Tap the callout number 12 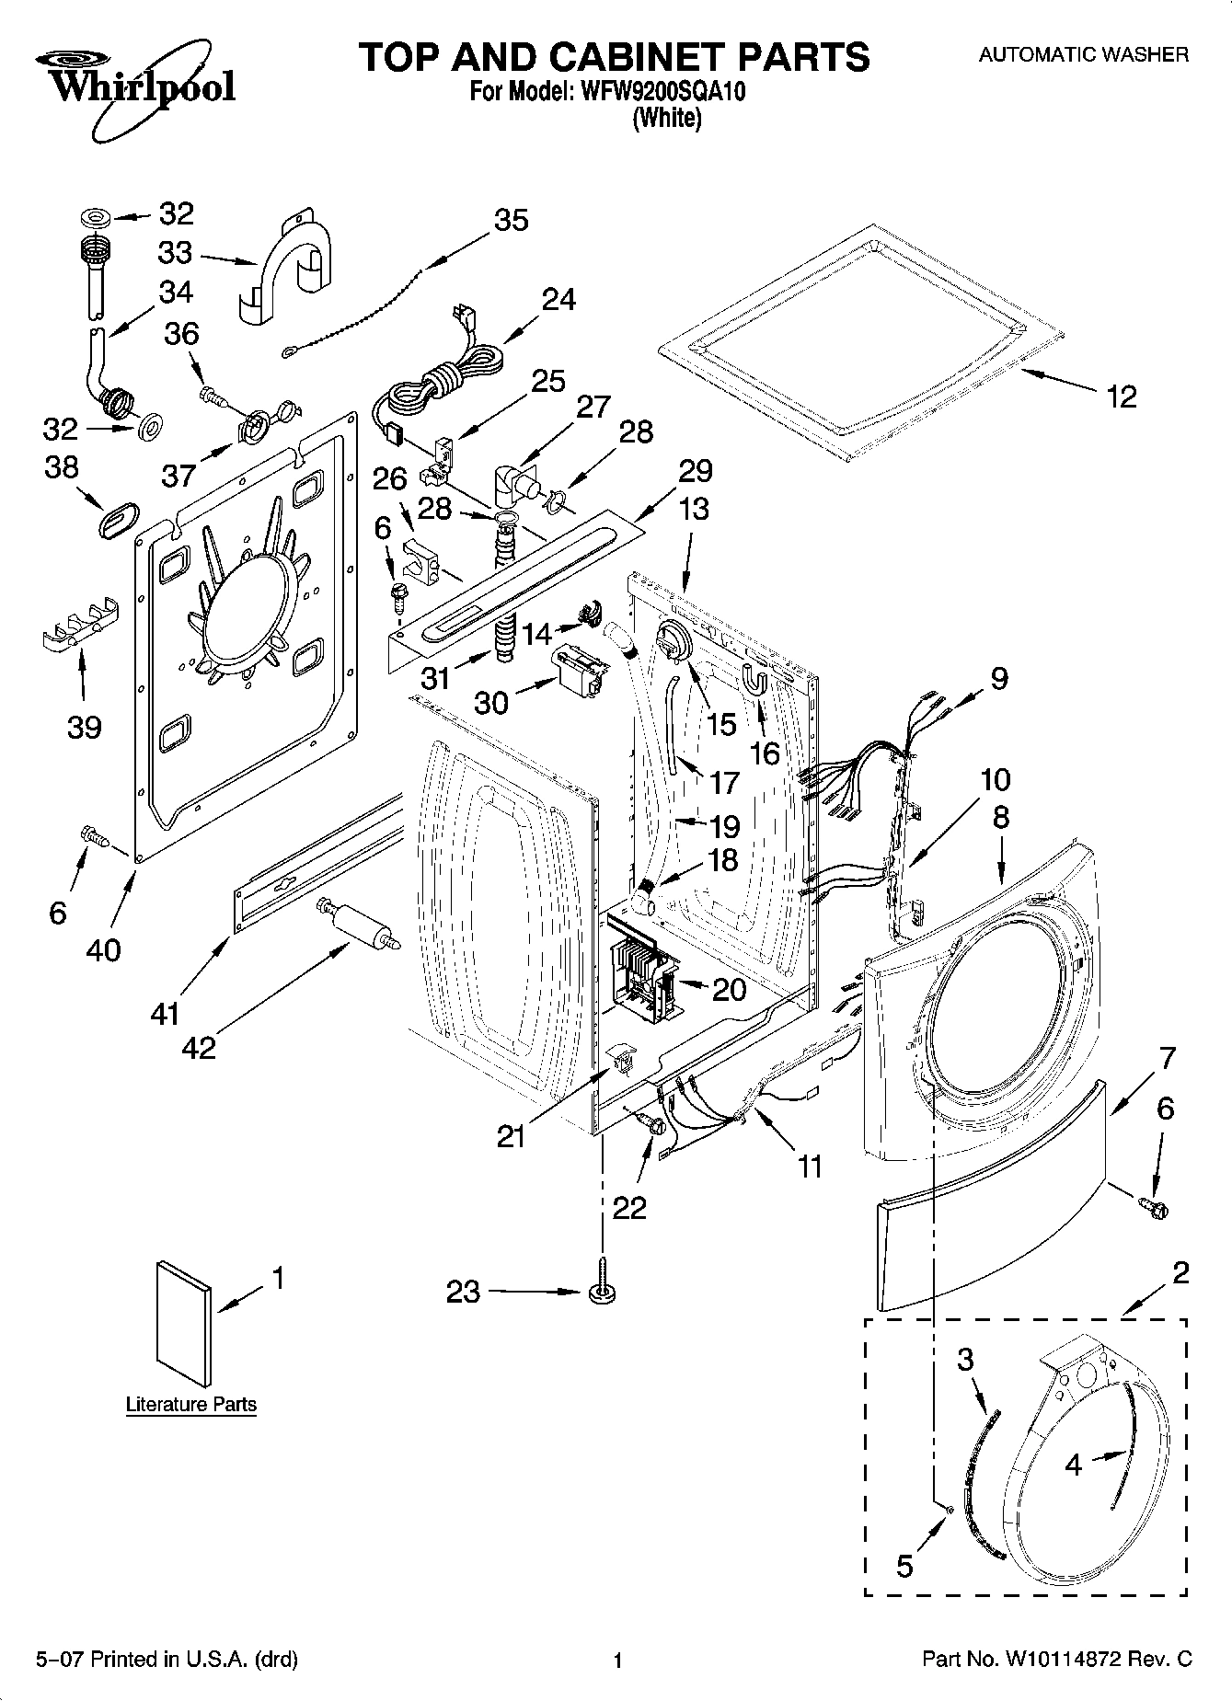[1121, 397]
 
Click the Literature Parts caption [190, 1405]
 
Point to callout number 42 [199, 1047]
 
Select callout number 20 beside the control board [729, 989]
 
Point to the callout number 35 [512, 221]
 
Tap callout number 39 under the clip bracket [84, 728]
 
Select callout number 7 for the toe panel [1166, 1059]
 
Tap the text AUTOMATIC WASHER [1083, 54]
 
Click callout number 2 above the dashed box [1179, 1273]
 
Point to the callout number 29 [695, 471]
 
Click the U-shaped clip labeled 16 [755, 681]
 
